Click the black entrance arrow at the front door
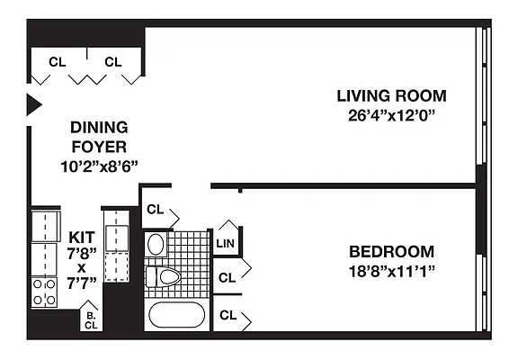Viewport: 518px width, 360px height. coord(33,104)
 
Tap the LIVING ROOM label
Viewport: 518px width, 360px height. coord(391,96)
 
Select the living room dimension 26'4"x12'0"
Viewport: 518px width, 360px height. coord(391,116)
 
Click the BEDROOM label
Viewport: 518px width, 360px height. coord(391,252)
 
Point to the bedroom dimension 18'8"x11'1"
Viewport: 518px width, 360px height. coord(391,272)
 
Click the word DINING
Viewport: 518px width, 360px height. coord(99,128)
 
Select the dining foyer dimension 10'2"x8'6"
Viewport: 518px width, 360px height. coord(99,166)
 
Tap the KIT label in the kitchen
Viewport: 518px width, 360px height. coord(82,237)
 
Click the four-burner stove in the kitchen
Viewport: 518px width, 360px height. coord(44,292)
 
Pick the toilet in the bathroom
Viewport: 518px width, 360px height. coord(163,276)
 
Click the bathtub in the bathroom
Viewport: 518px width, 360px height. coord(177,314)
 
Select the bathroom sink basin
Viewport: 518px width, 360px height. coord(156,244)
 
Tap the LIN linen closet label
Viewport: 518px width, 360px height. coord(226,244)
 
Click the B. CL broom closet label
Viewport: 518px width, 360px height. coord(91,320)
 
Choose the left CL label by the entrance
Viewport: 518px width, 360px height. coord(58,62)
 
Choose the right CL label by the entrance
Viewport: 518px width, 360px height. coord(113,62)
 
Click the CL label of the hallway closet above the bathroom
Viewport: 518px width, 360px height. coord(155,210)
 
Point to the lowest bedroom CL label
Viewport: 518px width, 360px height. coord(228,315)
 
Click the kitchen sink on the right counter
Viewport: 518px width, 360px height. coord(117,238)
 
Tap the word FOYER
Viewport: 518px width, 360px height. coord(99,147)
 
